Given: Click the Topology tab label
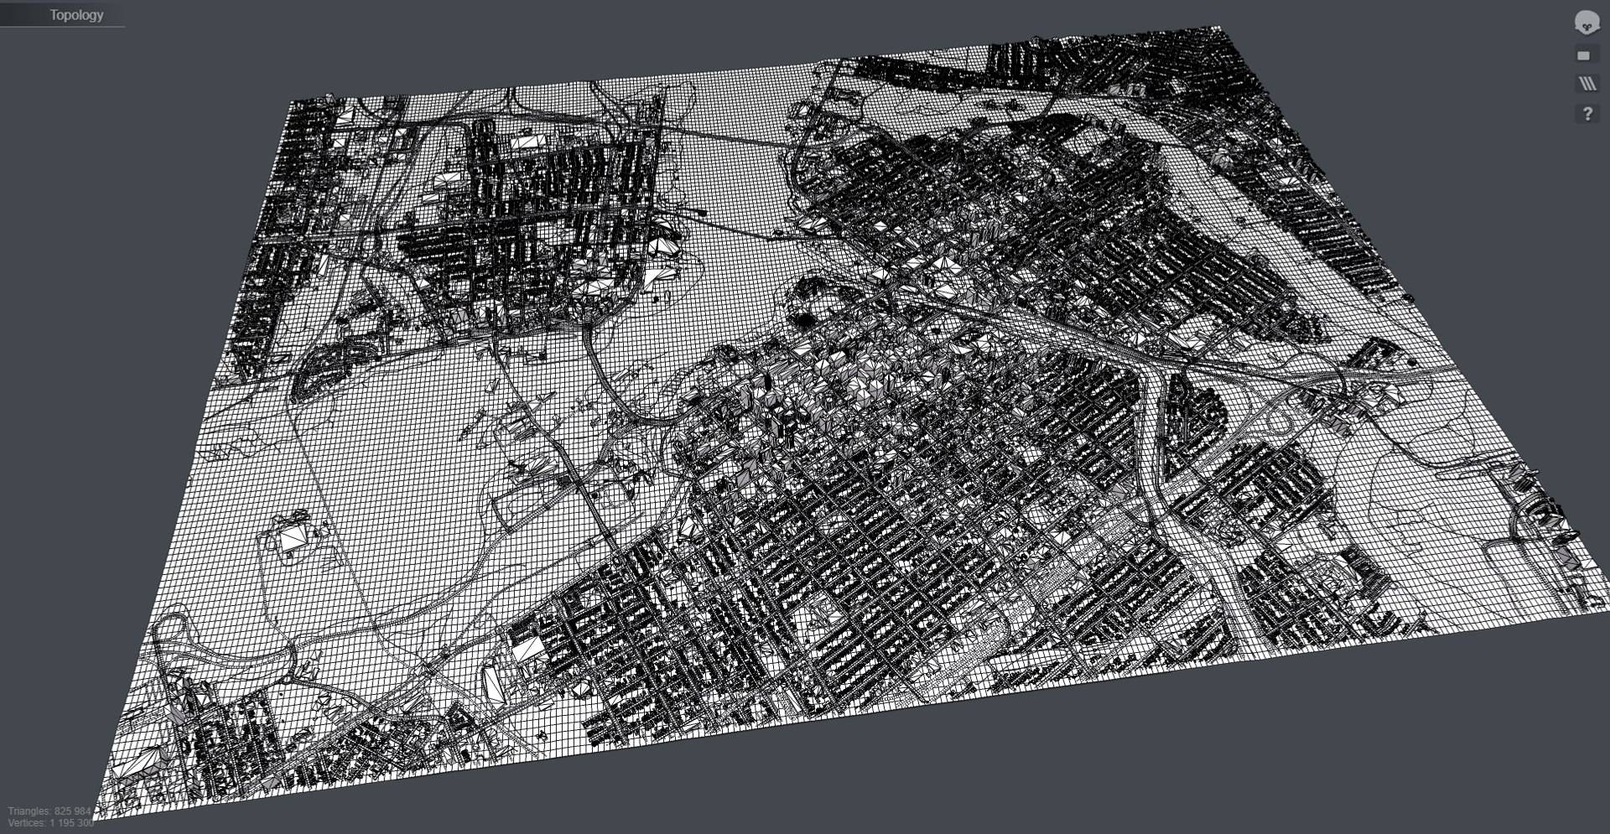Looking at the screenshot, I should coord(76,15).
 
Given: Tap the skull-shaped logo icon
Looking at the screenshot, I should coord(1587,23).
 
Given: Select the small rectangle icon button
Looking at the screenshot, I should coord(1583,55).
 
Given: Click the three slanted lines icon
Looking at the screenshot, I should coord(1587,84).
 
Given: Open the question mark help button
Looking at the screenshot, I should coord(1587,113).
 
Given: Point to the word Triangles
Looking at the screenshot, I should coord(30,811).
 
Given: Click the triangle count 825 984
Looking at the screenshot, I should coord(73,811).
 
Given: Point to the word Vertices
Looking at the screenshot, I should coord(28,823).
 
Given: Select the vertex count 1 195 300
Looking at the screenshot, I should coord(73,823).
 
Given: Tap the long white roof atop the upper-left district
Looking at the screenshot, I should coord(527,142).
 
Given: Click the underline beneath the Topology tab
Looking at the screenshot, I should coord(63,27).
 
